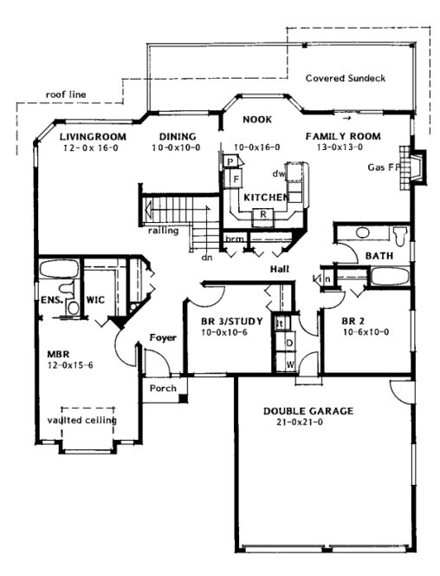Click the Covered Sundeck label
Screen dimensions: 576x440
click(x=345, y=78)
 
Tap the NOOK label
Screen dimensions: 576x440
click(x=257, y=119)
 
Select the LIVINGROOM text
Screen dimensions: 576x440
click(x=94, y=137)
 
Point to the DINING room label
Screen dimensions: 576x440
click(x=178, y=137)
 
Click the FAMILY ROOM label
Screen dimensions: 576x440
click(x=342, y=137)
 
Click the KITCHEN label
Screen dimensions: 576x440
click(x=265, y=198)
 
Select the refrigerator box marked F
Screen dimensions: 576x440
click(x=234, y=179)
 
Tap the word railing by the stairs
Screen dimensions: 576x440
click(x=163, y=231)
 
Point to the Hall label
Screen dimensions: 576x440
click(x=279, y=270)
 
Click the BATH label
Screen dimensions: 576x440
click(x=379, y=257)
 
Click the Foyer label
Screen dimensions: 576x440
click(x=163, y=337)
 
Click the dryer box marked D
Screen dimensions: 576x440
click(x=289, y=344)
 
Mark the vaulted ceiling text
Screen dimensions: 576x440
click(x=82, y=421)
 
